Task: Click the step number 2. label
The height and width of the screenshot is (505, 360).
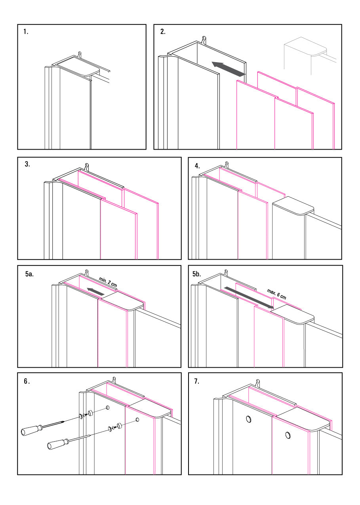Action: [163, 32]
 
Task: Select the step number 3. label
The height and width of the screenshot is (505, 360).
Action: [27, 165]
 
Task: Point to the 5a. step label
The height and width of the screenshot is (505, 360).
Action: [29, 274]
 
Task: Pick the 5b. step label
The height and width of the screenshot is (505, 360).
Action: [197, 273]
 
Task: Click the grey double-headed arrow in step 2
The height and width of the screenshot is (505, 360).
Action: [229, 69]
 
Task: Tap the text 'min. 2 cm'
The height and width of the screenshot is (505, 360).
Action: [108, 282]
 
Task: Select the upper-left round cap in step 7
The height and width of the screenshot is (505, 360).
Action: [249, 419]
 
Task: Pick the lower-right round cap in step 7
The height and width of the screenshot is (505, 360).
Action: [288, 436]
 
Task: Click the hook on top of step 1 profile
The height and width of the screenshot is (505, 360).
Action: [80, 54]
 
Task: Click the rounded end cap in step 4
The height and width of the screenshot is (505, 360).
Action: [293, 206]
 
